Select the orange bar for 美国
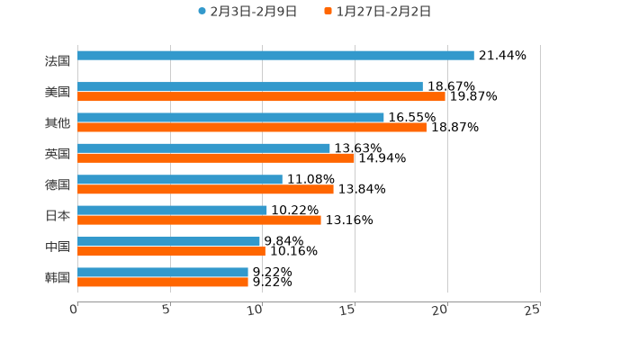coord(261,96)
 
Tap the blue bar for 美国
coord(250,86)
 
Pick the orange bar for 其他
coord(252,127)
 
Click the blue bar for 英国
coord(203,148)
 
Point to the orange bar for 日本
coord(199,220)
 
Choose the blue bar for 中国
coord(168,241)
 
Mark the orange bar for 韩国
coord(163,282)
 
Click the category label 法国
coord(58,61)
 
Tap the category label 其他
coord(58,122)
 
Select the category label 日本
coord(58,215)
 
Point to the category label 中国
coord(58,247)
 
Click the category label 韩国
coord(58,277)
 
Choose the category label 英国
coord(58,154)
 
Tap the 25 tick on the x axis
coord(533,310)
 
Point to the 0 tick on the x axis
coord(75,310)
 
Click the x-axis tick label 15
coord(348,310)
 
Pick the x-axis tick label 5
coord(166,310)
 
